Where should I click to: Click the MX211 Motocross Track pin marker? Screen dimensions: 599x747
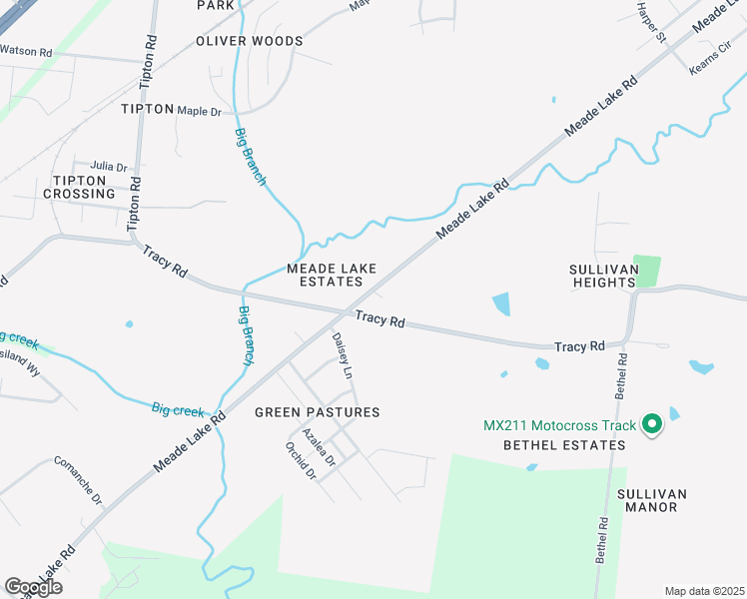click(x=652, y=425)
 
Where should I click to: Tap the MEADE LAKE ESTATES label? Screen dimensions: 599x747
click(x=325, y=275)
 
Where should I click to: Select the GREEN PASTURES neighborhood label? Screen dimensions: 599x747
click(x=318, y=412)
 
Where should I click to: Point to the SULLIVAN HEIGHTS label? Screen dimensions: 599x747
click(x=602, y=277)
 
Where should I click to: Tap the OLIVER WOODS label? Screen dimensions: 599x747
click(x=249, y=41)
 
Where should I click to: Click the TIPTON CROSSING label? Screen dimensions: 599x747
click(x=78, y=187)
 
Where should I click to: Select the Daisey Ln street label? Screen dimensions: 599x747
click(x=343, y=356)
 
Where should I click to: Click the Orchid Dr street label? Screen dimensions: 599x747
click(x=300, y=461)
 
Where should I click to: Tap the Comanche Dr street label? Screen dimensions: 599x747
click(x=78, y=480)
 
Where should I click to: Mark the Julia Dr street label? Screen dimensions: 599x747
click(x=109, y=167)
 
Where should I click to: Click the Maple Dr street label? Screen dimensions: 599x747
click(x=199, y=111)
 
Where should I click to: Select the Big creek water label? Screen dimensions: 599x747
click(x=178, y=410)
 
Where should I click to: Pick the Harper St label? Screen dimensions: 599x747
click(x=651, y=22)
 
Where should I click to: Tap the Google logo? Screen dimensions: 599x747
click(x=33, y=587)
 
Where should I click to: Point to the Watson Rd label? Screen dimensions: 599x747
click(x=26, y=50)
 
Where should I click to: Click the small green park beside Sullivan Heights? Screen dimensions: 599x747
click(x=647, y=271)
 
